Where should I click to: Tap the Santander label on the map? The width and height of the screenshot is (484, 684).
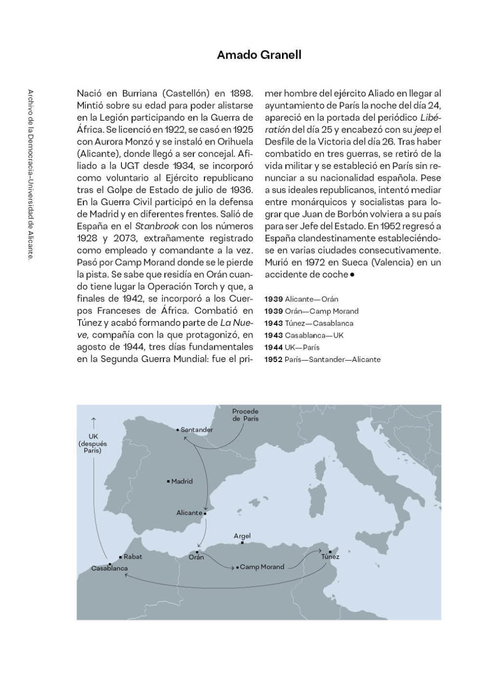point(197,430)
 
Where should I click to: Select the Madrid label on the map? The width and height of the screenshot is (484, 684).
point(182,481)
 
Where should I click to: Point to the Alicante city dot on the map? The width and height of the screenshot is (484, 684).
point(205,513)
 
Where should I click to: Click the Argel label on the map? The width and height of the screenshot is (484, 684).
point(242,536)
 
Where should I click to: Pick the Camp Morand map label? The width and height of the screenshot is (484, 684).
point(262,567)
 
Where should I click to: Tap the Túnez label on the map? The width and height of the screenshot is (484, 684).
point(330,556)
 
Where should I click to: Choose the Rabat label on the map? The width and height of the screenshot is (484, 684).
point(133,556)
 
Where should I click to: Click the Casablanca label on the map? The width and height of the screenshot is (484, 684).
point(109,568)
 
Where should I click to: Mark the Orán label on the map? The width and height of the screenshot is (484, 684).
point(196,557)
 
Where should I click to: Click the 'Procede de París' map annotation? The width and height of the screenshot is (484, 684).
point(245,415)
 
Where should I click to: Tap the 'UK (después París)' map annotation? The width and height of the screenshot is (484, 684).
point(93,444)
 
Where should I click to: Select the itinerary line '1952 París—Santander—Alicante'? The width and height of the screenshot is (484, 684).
point(322,360)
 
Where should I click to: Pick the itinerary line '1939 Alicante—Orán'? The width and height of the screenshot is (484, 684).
point(301,299)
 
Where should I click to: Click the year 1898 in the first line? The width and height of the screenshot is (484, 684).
point(242,93)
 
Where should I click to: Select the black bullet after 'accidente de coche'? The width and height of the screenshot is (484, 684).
point(352,275)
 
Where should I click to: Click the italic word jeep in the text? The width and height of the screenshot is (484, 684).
point(423,129)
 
